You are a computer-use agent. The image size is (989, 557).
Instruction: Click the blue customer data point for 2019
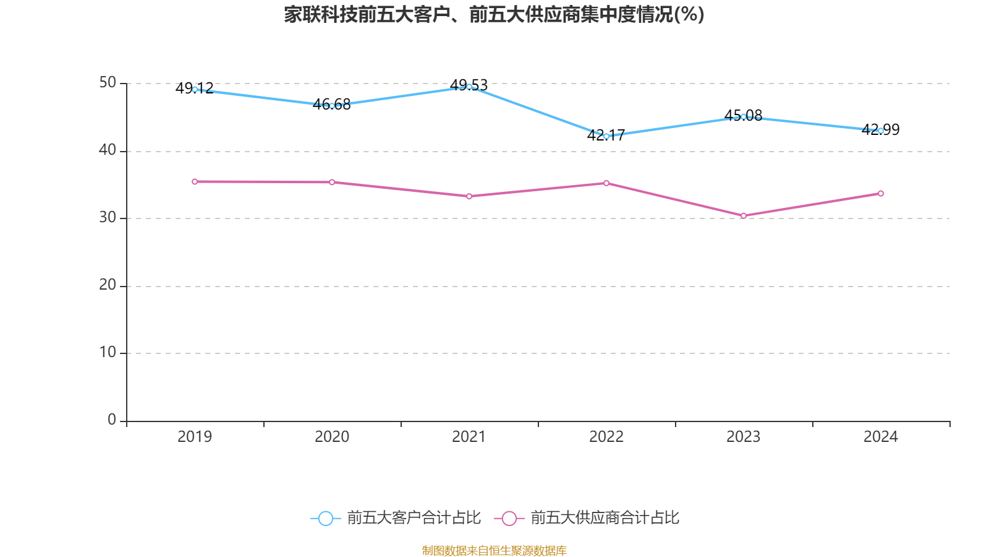[195, 89]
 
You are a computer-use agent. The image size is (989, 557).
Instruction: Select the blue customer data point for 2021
[469, 87]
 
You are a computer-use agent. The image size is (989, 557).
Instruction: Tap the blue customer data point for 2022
[606, 136]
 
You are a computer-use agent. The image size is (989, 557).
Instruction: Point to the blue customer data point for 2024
[881, 131]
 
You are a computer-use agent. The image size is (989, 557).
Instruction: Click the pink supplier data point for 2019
[195, 181]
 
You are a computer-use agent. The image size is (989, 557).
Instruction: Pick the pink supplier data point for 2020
[332, 182]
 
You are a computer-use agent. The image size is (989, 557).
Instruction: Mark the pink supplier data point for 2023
[744, 215]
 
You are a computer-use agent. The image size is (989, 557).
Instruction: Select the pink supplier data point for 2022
[606, 183]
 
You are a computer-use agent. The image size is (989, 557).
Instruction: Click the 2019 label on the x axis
[195, 437]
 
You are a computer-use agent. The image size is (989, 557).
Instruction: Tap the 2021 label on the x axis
[469, 437]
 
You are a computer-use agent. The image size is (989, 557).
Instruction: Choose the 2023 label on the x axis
[744, 437]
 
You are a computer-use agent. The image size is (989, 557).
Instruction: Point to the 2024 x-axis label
[881, 437]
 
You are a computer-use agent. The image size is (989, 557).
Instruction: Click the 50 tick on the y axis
[108, 83]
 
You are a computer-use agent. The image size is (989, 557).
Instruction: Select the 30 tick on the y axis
[108, 218]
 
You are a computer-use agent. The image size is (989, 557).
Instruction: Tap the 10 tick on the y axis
[108, 353]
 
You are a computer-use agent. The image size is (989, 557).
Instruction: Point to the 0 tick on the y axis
[112, 420]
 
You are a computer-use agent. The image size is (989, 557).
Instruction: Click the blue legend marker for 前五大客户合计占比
[326, 518]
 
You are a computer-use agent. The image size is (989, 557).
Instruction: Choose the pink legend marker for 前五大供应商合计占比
[509, 518]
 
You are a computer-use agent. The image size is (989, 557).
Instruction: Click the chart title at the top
[494, 14]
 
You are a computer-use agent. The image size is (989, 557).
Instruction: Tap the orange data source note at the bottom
[494, 550]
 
